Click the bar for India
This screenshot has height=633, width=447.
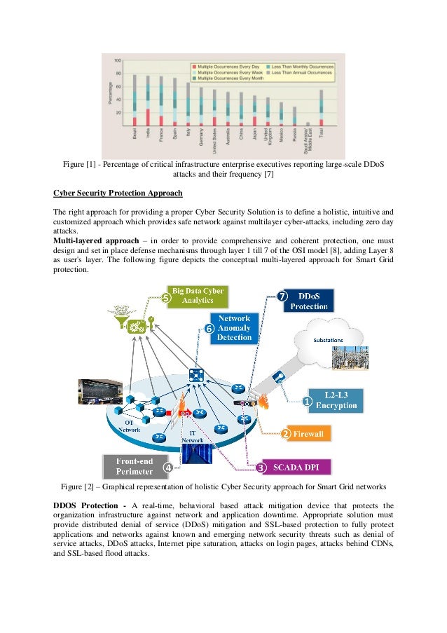(x=148, y=99)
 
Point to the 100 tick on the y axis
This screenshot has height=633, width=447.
(x=117, y=60)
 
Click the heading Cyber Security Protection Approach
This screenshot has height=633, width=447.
(x=118, y=192)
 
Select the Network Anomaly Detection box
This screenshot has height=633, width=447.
(x=234, y=327)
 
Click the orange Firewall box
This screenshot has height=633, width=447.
(x=308, y=434)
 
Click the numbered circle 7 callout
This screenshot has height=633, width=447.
(x=281, y=296)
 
